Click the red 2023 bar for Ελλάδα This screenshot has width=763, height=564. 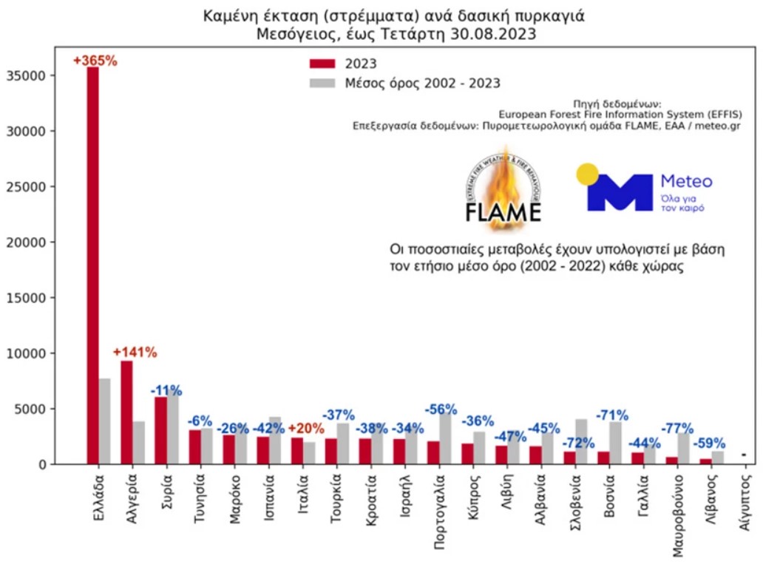(92, 266)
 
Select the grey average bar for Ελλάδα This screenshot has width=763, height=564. (104, 421)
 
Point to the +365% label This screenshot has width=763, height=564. (95, 61)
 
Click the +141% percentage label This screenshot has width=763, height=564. (135, 353)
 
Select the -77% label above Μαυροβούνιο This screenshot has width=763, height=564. (677, 428)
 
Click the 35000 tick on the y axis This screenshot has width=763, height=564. (27, 75)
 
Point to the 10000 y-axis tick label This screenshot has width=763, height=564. (27, 353)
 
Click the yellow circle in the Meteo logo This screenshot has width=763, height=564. (588, 174)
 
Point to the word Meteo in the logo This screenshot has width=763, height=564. (685, 181)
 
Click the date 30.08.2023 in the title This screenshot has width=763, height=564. (492, 34)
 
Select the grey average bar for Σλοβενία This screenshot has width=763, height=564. (581, 441)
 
